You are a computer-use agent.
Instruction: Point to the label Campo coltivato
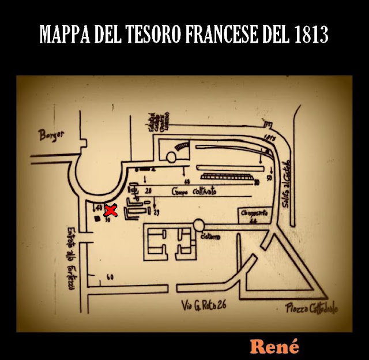[194, 191]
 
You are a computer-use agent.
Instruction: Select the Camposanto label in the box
[254, 214]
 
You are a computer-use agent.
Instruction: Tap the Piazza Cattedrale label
[312, 309]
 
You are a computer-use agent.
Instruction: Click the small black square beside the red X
[96, 219]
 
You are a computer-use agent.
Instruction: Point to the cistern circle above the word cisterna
[199, 224]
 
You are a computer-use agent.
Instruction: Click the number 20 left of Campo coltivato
[148, 190]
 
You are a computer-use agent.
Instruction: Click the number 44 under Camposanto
[253, 220]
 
